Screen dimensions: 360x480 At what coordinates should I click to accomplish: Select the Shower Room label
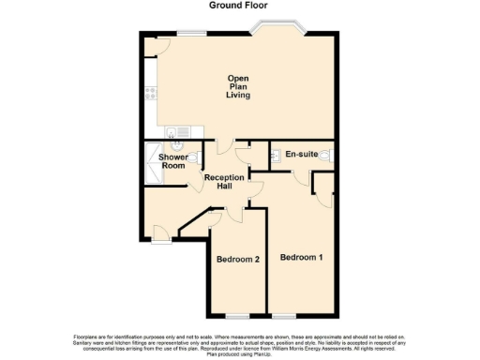pos(172,161)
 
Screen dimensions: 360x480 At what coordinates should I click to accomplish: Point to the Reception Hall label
pos(225,182)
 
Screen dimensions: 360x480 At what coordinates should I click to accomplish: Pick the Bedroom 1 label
pos(301,256)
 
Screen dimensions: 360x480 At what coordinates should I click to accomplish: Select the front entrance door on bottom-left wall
pos(160,238)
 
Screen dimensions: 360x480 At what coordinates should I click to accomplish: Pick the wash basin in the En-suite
pos(275,155)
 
